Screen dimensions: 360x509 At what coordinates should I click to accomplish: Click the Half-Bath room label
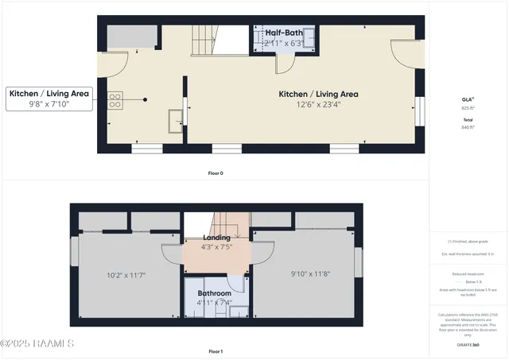[x=285, y=33]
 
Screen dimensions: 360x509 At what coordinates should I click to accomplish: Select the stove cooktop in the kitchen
[x=115, y=99]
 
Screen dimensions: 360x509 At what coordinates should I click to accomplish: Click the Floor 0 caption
[x=216, y=172]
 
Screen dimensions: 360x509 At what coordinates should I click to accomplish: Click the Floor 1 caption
[x=216, y=350]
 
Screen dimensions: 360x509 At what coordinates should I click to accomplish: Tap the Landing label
[x=217, y=237]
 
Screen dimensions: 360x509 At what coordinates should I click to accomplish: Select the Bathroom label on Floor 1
[x=215, y=292]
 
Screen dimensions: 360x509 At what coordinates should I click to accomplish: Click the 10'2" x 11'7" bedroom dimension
[x=126, y=275]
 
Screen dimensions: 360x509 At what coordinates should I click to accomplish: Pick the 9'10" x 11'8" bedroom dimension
[x=305, y=275]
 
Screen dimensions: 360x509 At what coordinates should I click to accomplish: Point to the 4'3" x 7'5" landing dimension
[x=217, y=246]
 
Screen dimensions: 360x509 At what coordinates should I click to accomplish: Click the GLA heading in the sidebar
[x=468, y=99]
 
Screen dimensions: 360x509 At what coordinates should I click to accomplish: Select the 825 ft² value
[x=468, y=107]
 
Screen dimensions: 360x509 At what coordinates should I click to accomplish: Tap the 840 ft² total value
[x=468, y=126]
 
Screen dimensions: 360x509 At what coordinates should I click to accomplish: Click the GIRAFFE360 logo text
[x=468, y=345]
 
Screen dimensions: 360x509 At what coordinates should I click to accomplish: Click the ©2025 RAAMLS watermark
[x=37, y=343]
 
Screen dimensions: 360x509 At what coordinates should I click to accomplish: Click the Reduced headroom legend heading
[x=468, y=273]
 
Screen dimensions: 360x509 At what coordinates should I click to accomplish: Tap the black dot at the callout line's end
[x=146, y=99]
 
